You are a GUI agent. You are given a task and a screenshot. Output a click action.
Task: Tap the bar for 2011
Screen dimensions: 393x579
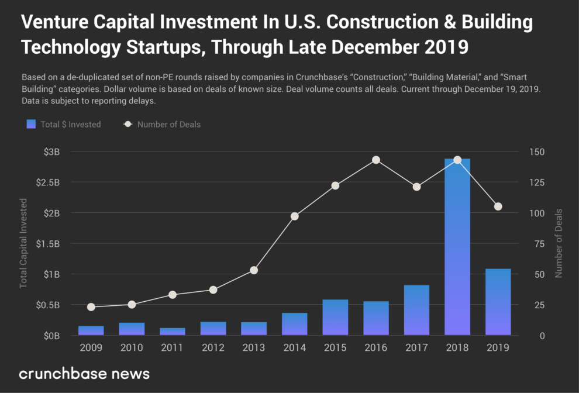[x=172, y=332]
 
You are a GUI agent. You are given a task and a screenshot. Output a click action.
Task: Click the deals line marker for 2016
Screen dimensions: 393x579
[x=376, y=160]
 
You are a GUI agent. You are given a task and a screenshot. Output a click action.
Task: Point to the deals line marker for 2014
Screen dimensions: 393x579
[x=295, y=216]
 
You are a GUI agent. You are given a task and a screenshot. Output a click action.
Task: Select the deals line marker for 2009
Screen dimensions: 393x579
[x=91, y=307]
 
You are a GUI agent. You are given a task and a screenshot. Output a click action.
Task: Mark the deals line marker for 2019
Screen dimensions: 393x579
[x=498, y=206]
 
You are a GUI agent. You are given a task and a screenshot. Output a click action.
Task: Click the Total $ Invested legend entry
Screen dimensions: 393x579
[x=64, y=124]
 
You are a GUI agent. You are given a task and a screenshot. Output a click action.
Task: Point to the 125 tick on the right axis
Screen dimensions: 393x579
[x=536, y=182]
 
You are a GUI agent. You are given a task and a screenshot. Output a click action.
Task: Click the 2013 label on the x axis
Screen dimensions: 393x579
[x=254, y=347]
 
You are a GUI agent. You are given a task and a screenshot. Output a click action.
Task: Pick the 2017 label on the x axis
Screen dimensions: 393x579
[x=416, y=347]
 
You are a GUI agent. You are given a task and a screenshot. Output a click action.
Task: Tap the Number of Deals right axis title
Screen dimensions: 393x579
[x=559, y=243]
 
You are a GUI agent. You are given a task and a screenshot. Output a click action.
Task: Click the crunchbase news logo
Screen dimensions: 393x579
[x=84, y=373]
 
